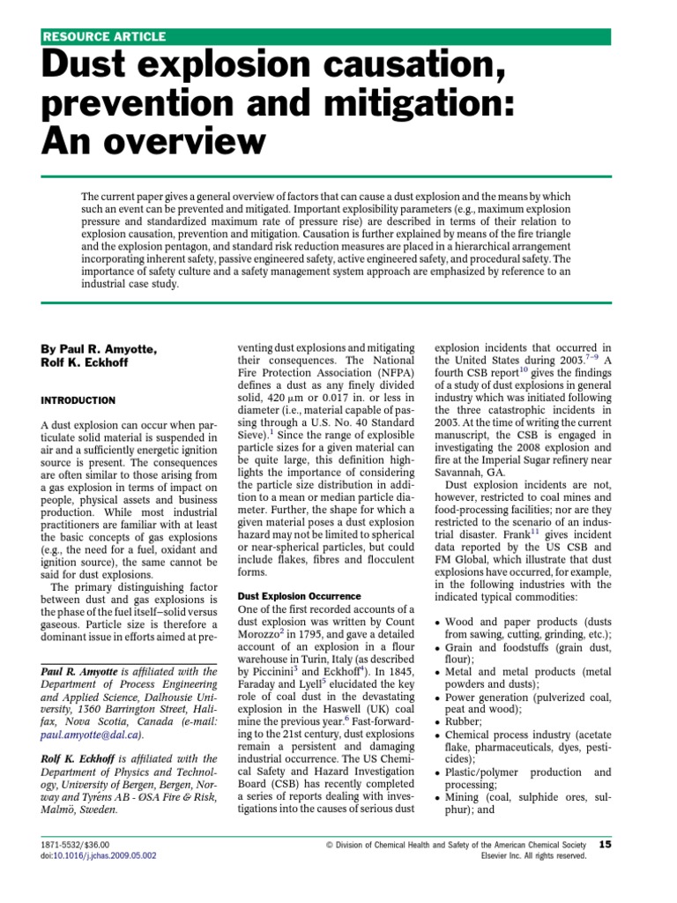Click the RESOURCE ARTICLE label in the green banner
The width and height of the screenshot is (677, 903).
point(104,37)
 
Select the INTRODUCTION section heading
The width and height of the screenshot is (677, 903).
point(78,400)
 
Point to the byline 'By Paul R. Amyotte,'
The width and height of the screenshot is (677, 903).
point(99,350)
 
